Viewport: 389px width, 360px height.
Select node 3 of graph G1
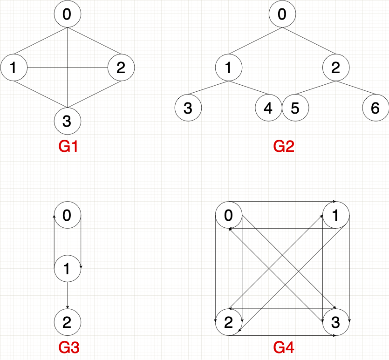(x=68, y=121)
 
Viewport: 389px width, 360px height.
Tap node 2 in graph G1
(x=121, y=68)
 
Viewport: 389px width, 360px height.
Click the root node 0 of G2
(x=282, y=14)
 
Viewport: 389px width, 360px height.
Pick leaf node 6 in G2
(x=375, y=108)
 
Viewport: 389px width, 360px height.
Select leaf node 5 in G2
(x=295, y=108)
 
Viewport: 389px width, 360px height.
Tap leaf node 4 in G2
(x=268, y=108)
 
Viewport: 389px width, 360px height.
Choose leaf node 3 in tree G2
(x=188, y=108)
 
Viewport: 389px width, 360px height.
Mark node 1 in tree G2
(x=229, y=68)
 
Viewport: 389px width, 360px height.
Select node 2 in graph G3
(x=68, y=322)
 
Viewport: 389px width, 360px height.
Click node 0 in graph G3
(x=68, y=215)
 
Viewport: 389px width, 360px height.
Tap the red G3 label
(x=68, y=347)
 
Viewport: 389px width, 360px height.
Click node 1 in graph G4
(x=336, y=215)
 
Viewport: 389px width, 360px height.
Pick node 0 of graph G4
(x=229, y=215)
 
